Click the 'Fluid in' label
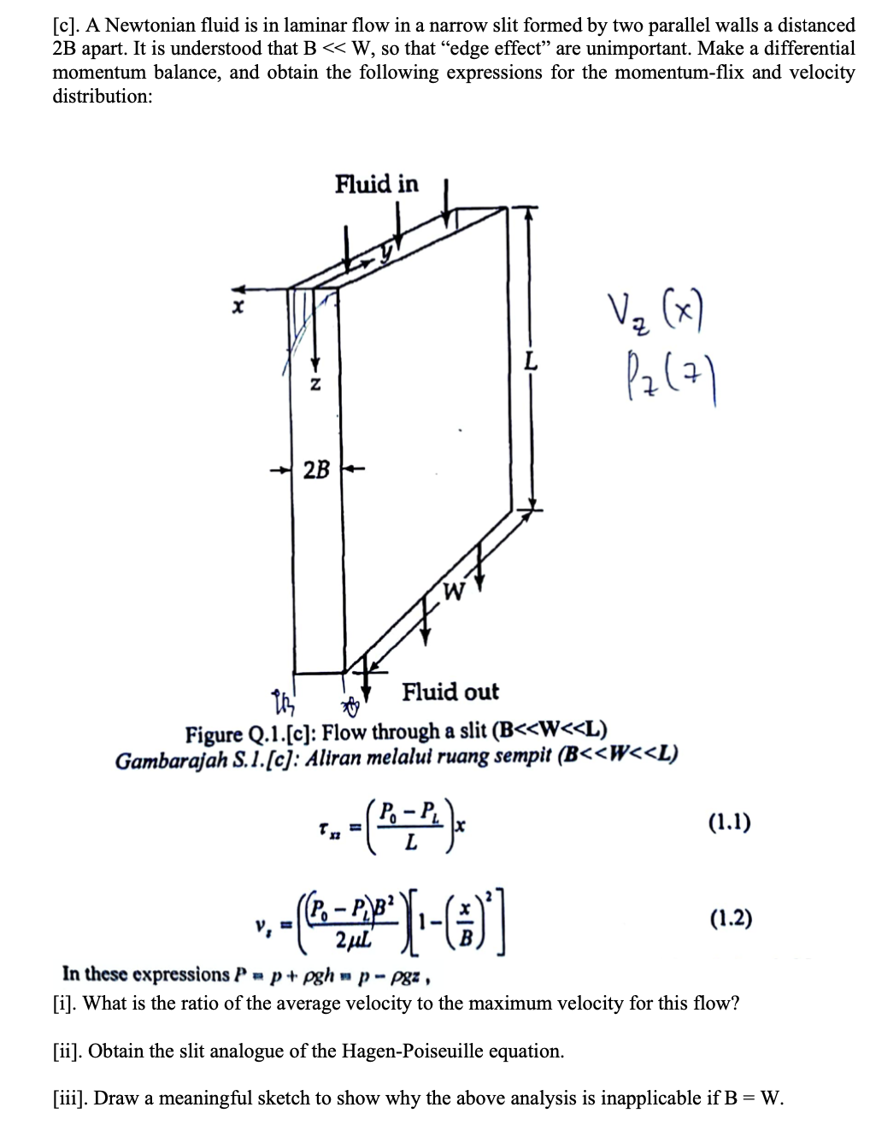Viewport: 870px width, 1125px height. point(377,184)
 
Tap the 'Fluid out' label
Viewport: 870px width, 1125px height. point(450,692)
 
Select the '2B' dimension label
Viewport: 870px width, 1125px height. point(316,469)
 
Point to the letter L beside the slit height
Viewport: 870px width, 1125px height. point(531,362)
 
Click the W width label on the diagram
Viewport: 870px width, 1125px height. point(454,590)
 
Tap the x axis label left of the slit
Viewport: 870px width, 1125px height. point(239,306)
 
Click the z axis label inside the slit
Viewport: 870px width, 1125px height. point(314,386)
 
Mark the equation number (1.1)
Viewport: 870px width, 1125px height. point(730,822)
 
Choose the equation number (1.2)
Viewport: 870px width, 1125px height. point(731,919)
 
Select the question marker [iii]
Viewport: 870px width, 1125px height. point(69,1098)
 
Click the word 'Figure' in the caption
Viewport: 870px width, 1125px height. point(214,733)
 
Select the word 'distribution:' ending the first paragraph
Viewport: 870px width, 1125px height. point(103,96)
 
